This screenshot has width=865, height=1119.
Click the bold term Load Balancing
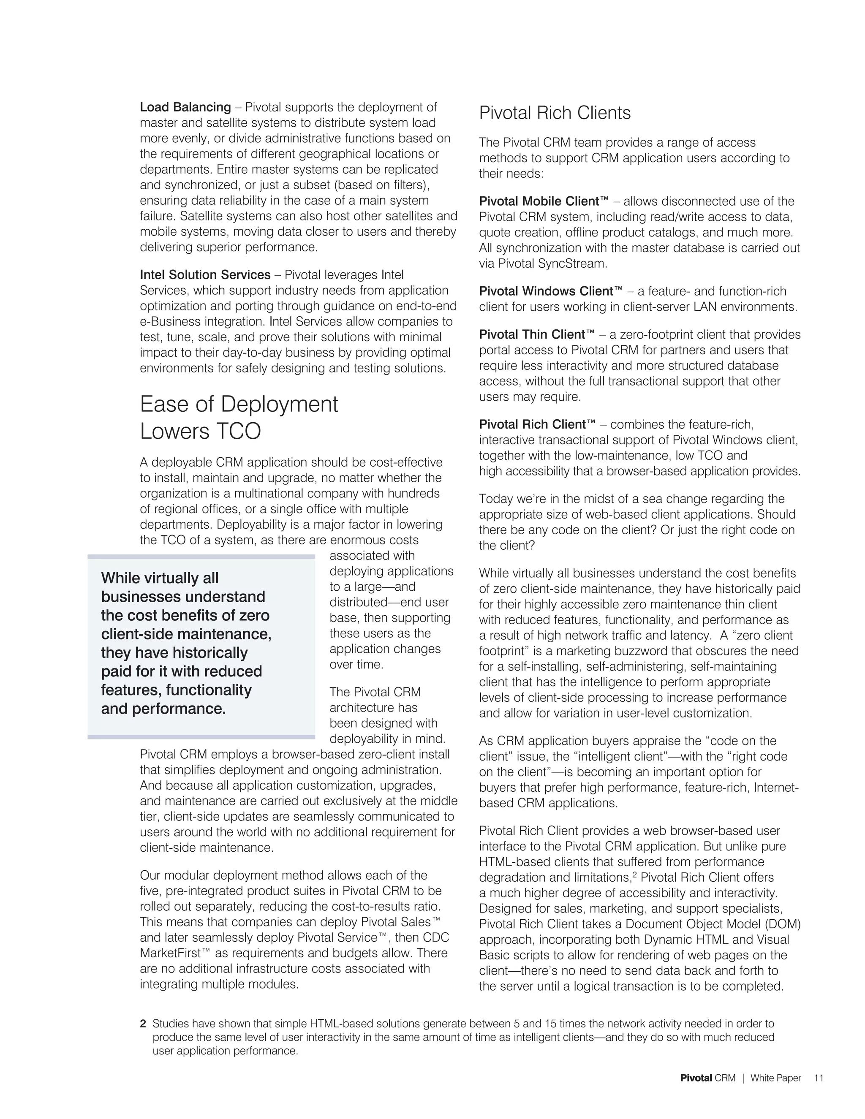(x=185, y=107)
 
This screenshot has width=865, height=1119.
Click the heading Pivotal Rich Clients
(x=555, y=113)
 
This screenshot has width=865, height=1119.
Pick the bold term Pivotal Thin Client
(x=536, y=334)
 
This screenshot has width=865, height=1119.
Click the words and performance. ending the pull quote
(x=163, y=709)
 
